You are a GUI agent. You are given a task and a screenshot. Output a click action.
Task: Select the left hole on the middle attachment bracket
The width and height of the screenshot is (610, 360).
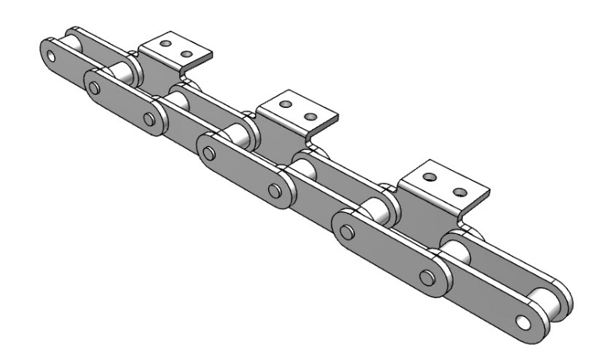pos(286,104)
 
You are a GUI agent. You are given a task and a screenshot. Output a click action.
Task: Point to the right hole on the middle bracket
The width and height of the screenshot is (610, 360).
pos(310,117)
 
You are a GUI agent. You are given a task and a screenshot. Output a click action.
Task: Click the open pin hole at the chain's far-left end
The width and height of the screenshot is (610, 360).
pos(51,56)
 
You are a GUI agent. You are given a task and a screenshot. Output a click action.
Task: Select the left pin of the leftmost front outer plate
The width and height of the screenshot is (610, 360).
pos(95,87)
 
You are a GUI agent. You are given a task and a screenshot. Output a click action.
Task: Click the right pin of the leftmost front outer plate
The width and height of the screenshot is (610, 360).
pos(149,118)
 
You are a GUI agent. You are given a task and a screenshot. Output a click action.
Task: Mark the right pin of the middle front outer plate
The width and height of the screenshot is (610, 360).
pos(274,191)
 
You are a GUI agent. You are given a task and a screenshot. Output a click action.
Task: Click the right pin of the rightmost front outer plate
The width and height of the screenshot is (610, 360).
pos(426,278)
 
